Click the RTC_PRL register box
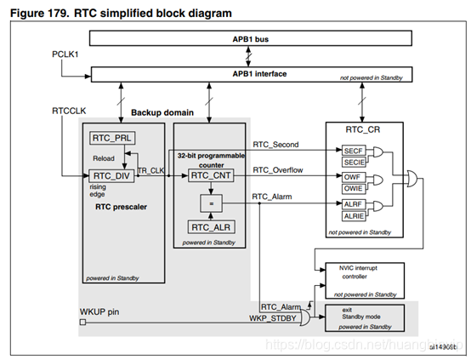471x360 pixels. point(107,138)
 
